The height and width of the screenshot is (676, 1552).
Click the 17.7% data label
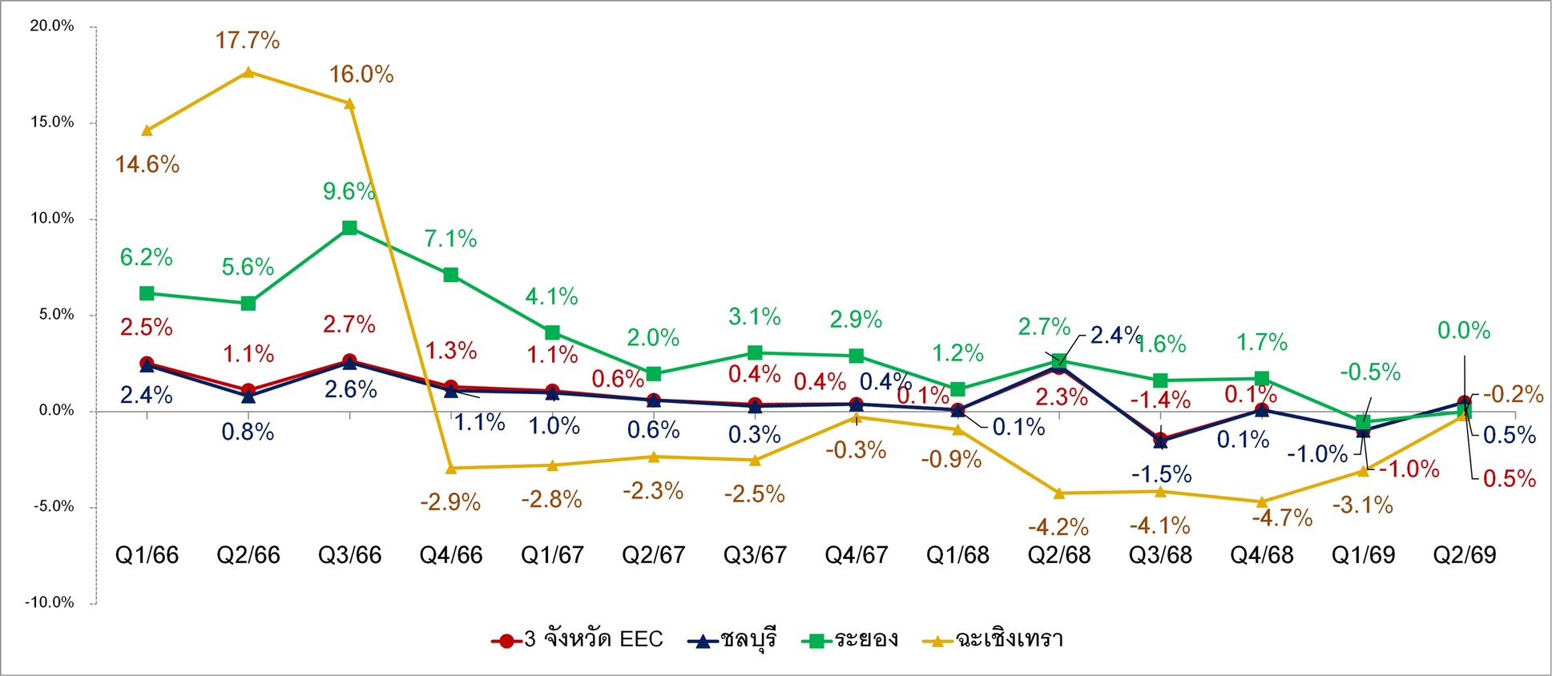tap(248, 40)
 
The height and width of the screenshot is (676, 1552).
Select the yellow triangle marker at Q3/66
tap(349, 103)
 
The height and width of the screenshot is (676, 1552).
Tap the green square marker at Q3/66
tap(349, 227)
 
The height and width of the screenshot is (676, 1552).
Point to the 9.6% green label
tap(349, 191)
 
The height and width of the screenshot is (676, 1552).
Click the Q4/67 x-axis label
tap(856, 555)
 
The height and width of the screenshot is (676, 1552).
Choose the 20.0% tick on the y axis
tap(51, 26)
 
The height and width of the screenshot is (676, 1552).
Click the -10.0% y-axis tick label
tap(49, 602)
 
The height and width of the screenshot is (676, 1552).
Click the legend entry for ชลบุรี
tap(732, 640)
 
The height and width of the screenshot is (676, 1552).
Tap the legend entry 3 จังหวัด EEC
tap(577, 640)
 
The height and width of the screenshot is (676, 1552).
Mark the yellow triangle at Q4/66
tap(451, 468)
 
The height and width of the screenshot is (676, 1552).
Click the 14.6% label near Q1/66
tap(147, 165)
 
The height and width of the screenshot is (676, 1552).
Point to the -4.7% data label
tap(1282, 518)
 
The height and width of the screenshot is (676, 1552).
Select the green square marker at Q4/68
tap(1262, 378)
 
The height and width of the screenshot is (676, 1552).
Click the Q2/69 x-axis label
tap(1464, 555)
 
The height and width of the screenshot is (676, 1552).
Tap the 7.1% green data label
tap(450, 239)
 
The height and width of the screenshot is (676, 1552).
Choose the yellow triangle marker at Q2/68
tap(1059, 493)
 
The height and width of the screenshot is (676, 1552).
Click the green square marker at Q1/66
tap(147, 293)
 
